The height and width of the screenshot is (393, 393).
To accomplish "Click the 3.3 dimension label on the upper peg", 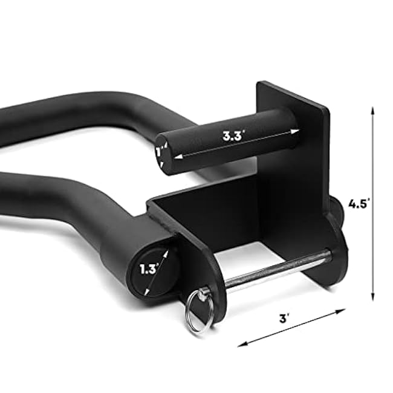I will pos(233,136).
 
